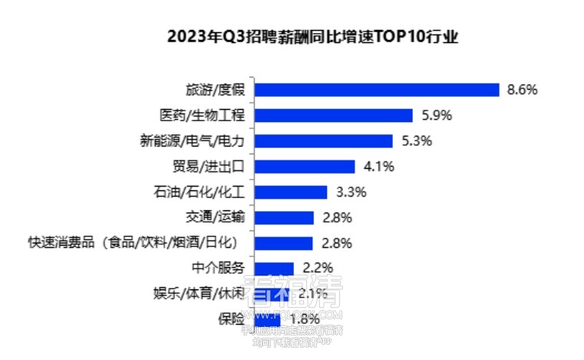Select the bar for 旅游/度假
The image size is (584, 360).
(376, 90)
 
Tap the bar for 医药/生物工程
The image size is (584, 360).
(333, 116)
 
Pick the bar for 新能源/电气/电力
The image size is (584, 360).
(322, 141)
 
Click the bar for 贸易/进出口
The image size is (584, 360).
(304, 167)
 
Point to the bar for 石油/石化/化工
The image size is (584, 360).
(290, 192)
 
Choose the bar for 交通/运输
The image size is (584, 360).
(283, 217)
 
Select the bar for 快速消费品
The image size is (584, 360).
(283, 243)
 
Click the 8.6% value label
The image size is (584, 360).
(523, 90)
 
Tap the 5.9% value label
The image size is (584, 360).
(437, 116)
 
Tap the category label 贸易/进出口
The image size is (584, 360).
(205, 167)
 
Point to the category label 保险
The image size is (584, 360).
(231, 317)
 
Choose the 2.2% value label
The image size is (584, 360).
(317, 268)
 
